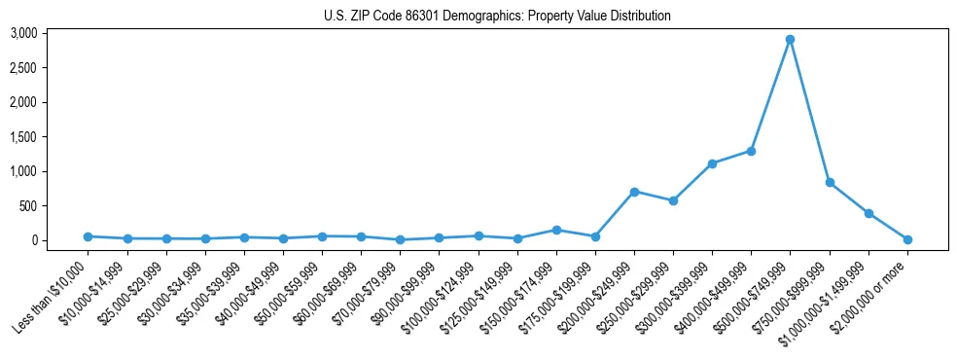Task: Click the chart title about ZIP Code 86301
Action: pyautogui.click(x=497, y=16)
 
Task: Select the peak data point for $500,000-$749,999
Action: pyautogui.click(x=791, y=40)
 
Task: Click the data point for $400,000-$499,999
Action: pyautogui.click(x=752, y=151)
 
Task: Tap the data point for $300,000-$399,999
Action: pyautogui.click(x=713, y=163)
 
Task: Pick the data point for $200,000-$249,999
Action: pyautogui.click(x=634, y=192)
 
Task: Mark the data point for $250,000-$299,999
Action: pyautogui.click(x=673, y=200)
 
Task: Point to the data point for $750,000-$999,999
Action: pyautogui.click(x=830, y=182)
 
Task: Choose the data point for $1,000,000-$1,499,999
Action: pyautogui.click(x=868, y=213)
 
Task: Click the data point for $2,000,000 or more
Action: pyautogui.click(x=907, y=239)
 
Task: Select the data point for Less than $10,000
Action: pyautogui.click(x=88, y=236)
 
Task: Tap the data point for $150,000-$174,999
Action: pyautogui.click(x=556, y=230)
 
